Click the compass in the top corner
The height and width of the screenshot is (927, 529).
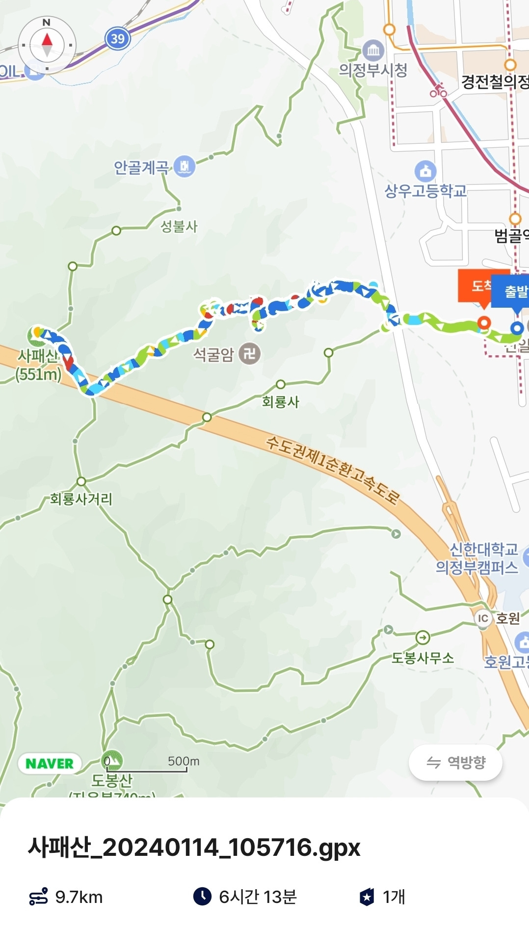(x=47, y=45)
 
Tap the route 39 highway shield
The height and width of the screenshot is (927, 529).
(x=117, y=38)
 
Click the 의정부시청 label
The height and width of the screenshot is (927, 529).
(x=373, y=70)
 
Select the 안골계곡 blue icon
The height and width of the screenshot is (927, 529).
(x=185, y=166)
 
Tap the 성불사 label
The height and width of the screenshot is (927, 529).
(x=179, y=226)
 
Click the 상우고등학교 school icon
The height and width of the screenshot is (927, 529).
(x=425, y=171)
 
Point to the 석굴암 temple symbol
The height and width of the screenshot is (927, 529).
(x=249, y=353)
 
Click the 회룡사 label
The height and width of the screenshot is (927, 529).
(x=280, y=402)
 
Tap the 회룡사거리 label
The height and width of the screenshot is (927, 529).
(x=81, y=499)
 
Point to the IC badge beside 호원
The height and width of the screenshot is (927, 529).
(x=483, y=618)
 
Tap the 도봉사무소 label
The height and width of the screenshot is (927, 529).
(x=423, y=658)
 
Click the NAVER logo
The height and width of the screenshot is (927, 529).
(x=49, y=764)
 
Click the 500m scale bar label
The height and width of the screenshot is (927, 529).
(x=184, y=761)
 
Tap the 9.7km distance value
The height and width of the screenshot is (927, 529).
(x=79, y=897)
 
